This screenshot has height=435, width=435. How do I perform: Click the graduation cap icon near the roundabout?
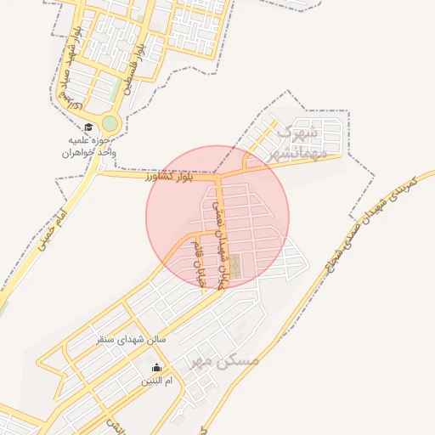[x=88, y=127]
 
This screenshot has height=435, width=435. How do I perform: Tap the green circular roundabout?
[x=110, y=124]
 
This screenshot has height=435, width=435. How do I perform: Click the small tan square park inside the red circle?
[x=235, y=266]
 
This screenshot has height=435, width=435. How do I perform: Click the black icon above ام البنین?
[x=156, y=368]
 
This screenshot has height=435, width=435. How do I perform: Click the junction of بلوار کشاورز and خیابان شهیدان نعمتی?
[x=217, y=177]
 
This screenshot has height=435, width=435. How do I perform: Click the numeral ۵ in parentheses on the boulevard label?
[x=76, y=105]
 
